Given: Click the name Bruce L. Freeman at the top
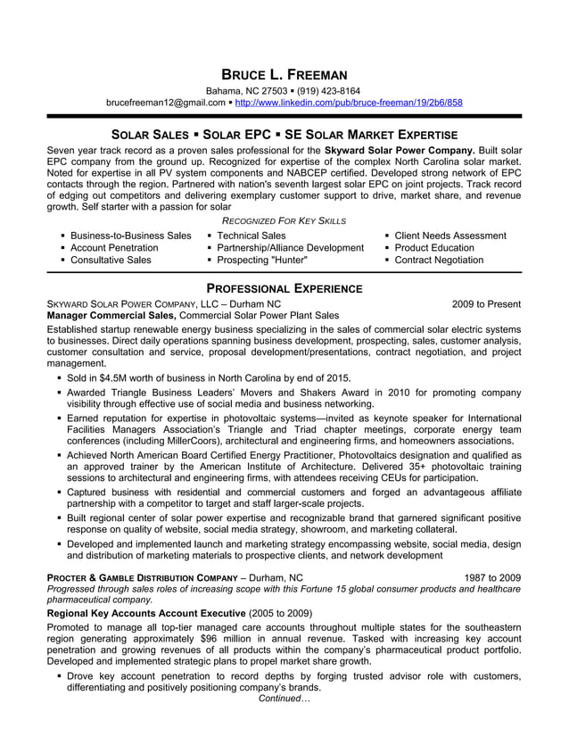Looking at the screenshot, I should (284, 75).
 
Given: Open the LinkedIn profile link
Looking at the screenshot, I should (349, 103).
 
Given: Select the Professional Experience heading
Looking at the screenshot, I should (284, 288).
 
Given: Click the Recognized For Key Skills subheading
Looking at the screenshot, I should (284, 220).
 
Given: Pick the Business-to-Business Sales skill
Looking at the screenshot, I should (131, 236).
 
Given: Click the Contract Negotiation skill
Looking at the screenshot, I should (439, 261).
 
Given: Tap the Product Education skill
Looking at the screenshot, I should (434, 248).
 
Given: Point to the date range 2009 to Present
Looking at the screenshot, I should (486, 304).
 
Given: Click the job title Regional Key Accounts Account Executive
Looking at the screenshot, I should (145, 614).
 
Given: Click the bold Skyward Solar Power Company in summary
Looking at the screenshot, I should (400, 150).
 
